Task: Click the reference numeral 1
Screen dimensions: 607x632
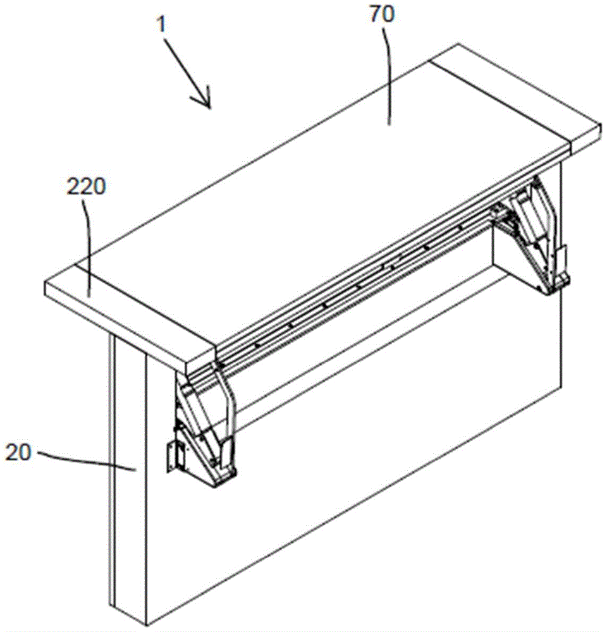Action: [162, 25]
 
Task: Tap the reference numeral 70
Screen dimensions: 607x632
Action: [381, 15]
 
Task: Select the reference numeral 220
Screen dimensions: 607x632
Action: [86, 186]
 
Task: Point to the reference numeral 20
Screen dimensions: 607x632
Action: [18, 453]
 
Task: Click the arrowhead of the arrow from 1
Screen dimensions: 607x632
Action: [205, 99]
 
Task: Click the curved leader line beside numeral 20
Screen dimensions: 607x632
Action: [87, 461]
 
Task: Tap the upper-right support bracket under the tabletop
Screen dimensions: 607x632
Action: [536, 238]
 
